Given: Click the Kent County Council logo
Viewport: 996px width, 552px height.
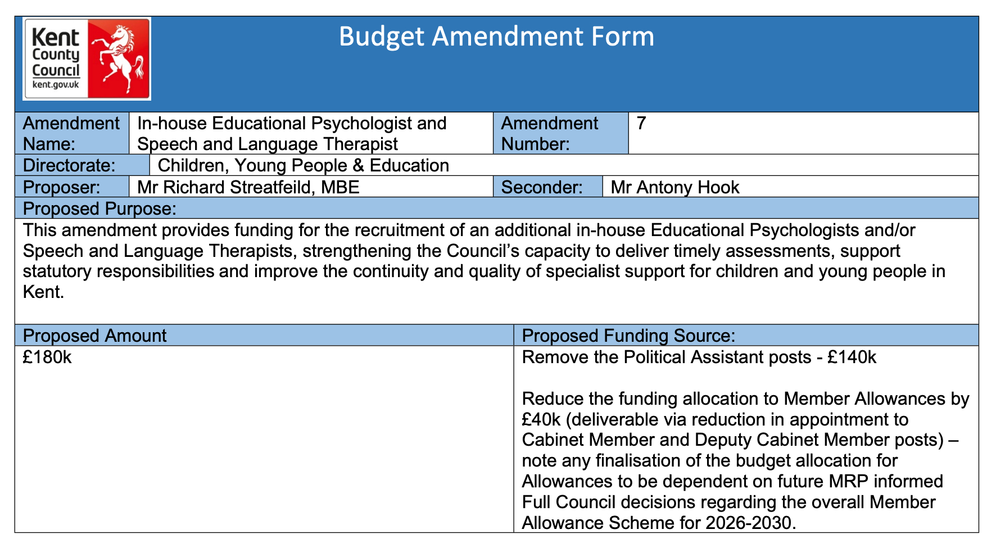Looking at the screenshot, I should coord(87,59).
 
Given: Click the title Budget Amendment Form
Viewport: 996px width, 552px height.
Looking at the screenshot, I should coord(496,37).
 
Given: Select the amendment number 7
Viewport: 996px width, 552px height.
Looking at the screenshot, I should coord(641,123).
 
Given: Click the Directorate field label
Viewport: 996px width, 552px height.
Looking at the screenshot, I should coord(69,165).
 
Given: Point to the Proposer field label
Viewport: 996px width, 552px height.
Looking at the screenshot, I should coord(61,187).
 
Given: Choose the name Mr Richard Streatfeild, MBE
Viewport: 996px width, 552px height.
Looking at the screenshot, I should coord(248,187).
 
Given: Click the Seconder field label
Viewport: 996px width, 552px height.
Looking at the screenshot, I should coord(541,187).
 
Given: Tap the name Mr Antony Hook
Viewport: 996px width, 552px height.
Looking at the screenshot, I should coord(674,187).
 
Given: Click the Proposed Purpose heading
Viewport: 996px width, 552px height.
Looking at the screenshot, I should coord(99,209).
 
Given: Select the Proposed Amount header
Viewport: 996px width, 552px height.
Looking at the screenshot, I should coord(94,336).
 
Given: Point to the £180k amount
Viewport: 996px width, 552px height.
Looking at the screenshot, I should coord(47,357).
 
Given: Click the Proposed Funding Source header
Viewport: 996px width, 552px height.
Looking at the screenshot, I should coord(628,336).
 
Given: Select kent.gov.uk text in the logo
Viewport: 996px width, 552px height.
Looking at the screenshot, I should coord(56,85).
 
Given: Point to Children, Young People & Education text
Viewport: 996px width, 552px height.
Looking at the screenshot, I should coord(303,165).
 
